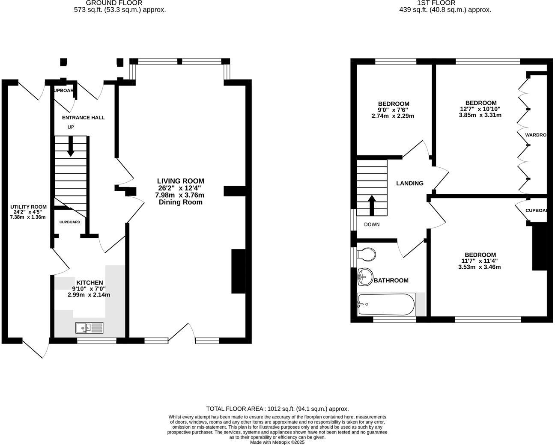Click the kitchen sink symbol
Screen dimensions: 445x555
tap(90, 328)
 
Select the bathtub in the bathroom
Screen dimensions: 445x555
tap(386, 304)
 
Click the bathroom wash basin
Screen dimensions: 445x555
tap(364, 277)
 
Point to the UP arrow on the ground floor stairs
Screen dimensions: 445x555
tap(71, 146)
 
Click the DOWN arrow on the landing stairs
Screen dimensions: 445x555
tap(372, 205)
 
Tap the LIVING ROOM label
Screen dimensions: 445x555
tap(180, 181)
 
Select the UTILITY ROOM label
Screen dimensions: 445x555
tap(28, 207)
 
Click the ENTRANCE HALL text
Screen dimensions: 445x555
tap(83, 118)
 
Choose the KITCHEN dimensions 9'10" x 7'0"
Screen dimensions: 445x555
tap(89, 289)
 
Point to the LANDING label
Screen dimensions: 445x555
tap(409, 183)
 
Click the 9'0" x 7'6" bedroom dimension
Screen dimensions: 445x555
tap(393, 110)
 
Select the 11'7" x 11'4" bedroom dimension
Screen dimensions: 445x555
tap(479, 261)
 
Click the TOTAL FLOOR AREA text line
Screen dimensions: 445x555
tap(277, 409)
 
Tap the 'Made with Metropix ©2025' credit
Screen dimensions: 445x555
tap(277, 442)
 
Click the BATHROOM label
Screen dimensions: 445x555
tap(391, 280)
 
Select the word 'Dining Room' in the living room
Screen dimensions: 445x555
tap(180, 202)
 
